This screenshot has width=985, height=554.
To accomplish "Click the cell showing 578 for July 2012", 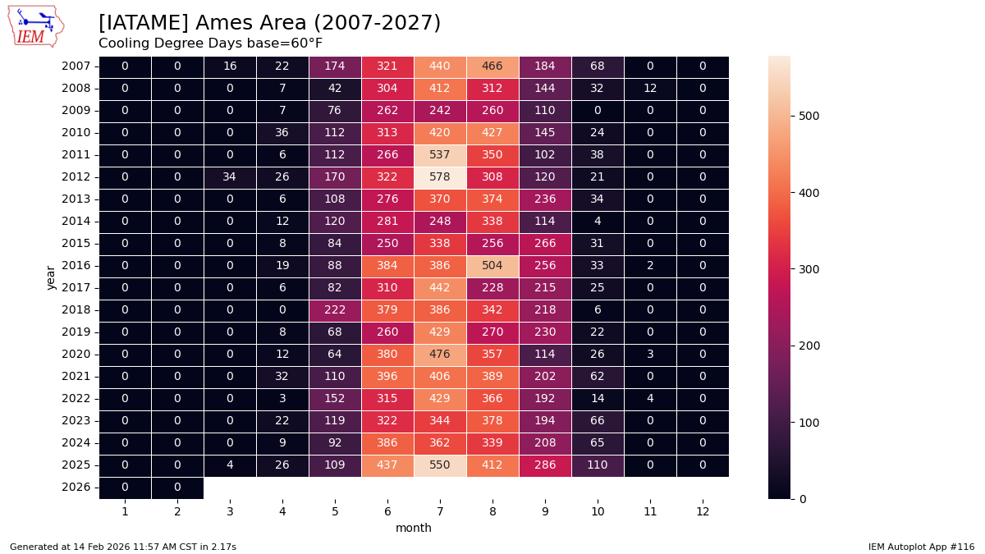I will (440, 176).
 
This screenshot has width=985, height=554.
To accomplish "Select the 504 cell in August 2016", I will (492, 265).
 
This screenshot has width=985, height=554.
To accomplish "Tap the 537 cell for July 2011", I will (440, 154).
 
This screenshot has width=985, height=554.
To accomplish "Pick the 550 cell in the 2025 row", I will (440, 465).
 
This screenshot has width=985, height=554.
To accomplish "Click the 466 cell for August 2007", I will (492, 66).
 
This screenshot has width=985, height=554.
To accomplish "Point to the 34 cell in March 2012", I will (230, 176).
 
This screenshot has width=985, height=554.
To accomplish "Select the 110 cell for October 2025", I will (598, 465).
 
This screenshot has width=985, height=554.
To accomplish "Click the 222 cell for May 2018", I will (335, 309).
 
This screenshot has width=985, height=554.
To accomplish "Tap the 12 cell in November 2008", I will (650, 88).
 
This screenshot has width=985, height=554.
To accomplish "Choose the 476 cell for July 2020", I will (440, 354).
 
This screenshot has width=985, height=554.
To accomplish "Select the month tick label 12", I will (703, 511).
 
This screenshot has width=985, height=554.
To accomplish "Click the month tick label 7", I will (440, 511).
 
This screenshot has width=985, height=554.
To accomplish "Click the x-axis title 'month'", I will (414, 528).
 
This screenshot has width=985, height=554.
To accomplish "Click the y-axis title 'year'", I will (51, 277).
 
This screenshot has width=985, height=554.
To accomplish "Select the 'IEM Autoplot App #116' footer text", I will (921, 547).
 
